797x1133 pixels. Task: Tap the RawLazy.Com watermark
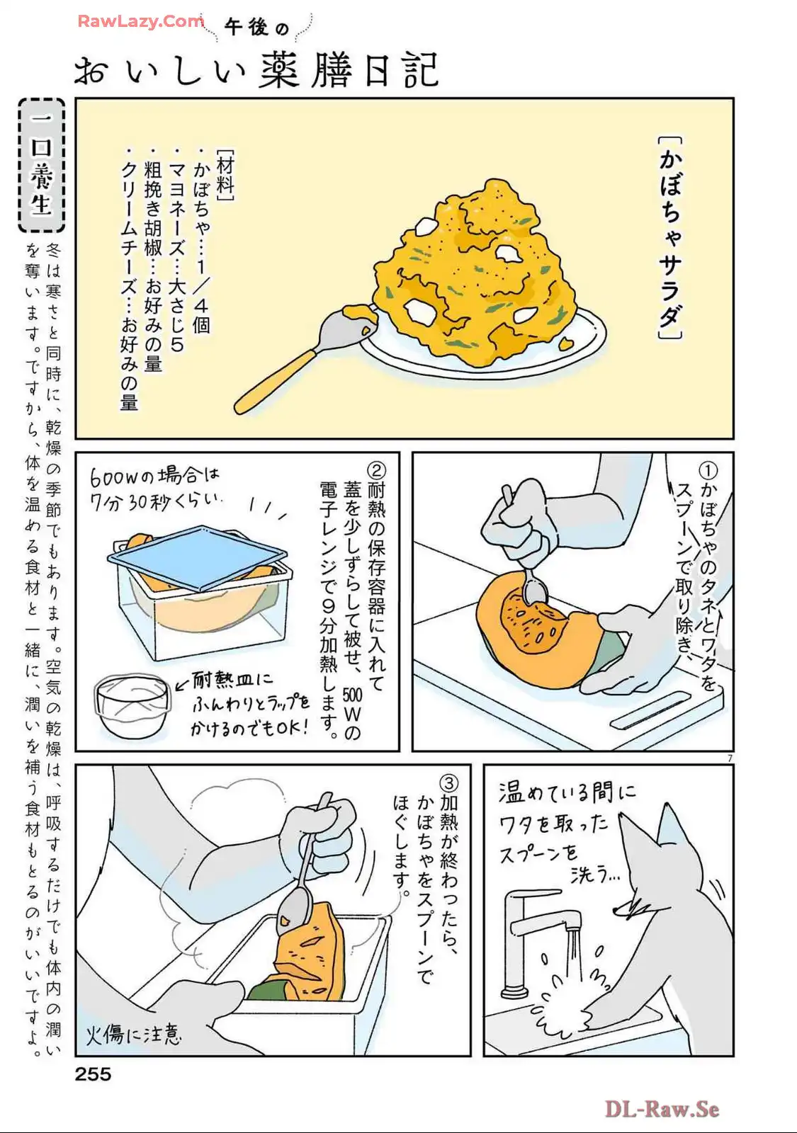[x=141, y=21]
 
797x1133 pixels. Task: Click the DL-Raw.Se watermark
[x=662, y=1109]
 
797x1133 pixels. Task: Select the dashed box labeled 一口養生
[x=42, y=166]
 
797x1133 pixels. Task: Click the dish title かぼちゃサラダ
[x=670, y=239]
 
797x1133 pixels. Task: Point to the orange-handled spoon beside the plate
[x=304, y=356]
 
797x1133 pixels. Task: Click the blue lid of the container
[x=198, y=558]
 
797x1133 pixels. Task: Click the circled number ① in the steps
[x=708, y=472]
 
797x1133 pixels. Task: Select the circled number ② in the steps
[x=376, y=471]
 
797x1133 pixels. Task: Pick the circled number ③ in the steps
[x=448, y=783]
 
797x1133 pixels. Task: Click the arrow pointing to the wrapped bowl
[x=181, y=685]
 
